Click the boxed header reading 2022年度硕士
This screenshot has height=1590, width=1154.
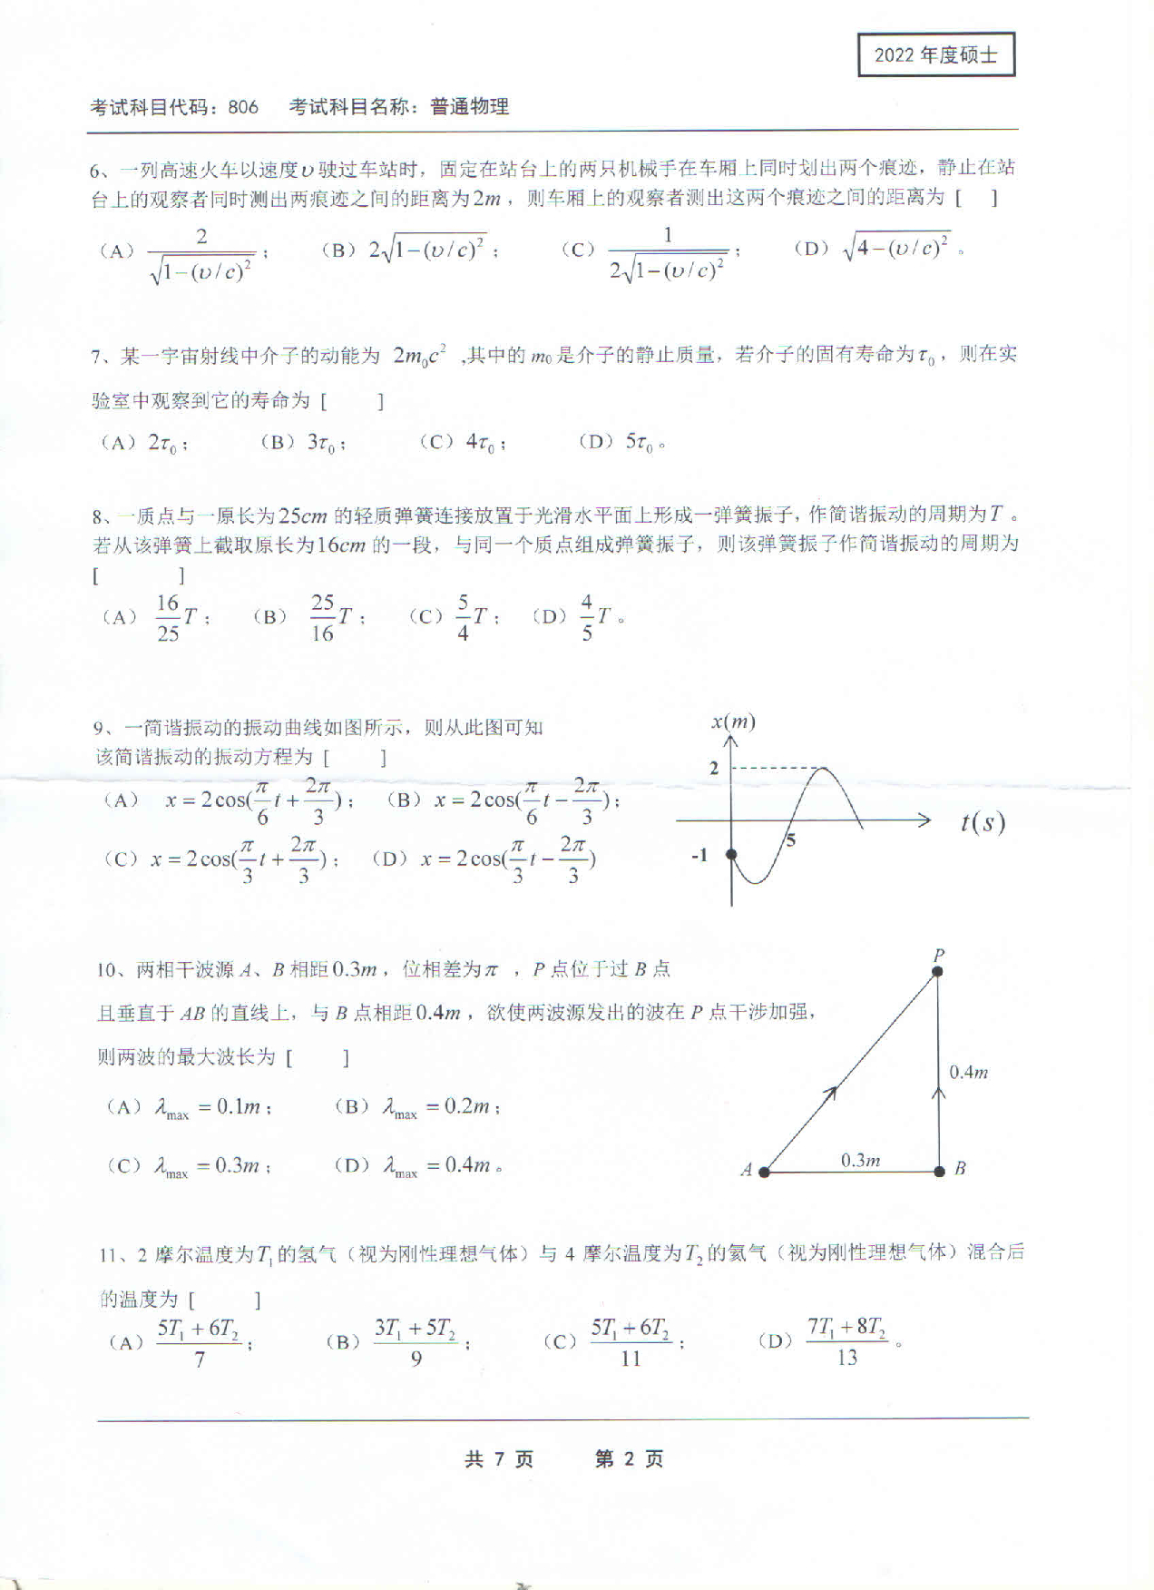click(x=935, y=55)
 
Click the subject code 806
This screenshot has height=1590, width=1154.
click(x=243, y=107)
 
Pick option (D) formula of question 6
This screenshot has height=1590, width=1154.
click(x=896, y=247)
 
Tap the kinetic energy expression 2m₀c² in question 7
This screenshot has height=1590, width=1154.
click(x=419, y=355)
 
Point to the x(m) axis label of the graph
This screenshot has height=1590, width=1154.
click(x=733, y=721)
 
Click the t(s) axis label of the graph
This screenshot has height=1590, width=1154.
click(x=983, y=822)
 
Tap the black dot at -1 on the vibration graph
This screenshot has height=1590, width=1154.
click(x=732, y=855)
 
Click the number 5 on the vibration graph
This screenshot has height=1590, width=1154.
click(x=790, y=840)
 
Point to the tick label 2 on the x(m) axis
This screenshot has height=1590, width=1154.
click(x=714, y=768)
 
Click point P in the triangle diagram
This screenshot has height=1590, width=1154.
click(x=938, y=971)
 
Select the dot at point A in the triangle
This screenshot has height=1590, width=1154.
click(x=764, y=1172)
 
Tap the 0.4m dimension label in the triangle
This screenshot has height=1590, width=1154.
click(x=968, y=1073)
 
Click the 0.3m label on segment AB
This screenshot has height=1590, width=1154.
click(x=860, y=1160)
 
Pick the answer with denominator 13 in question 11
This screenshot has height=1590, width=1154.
click(x=846, y=1341)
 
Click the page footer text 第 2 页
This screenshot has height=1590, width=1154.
click(x=629, y=1459)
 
